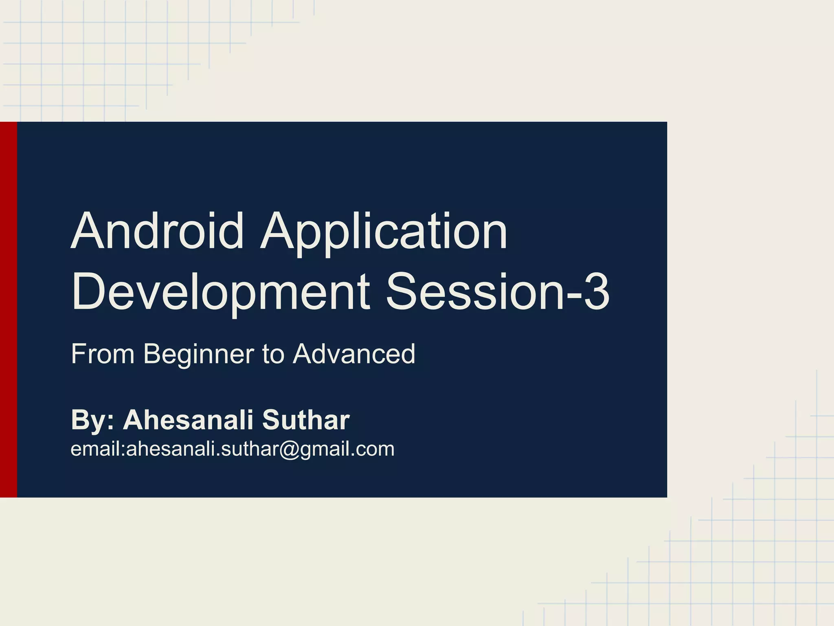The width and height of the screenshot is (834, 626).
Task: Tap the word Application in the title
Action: pos(384,232)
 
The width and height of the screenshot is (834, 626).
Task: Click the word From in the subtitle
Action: pos(103,354)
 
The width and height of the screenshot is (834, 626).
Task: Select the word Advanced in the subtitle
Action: pos(354,354)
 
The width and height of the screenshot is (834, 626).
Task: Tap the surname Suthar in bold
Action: pos(306,420)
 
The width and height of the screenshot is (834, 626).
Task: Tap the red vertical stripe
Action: pos(8,310)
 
